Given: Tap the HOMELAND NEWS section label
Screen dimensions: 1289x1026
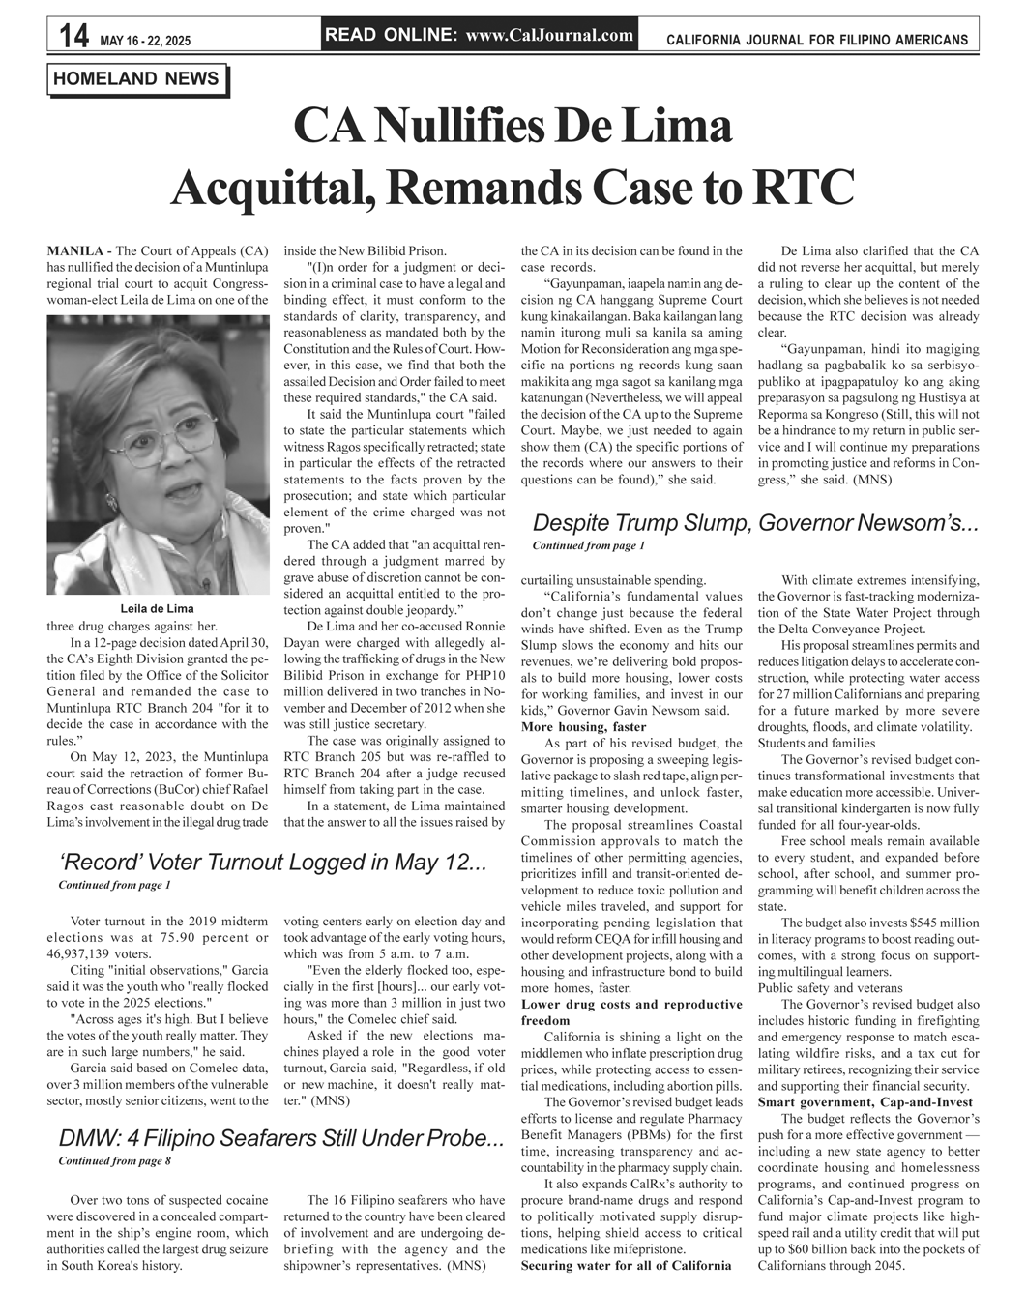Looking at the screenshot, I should [x=137, y=78].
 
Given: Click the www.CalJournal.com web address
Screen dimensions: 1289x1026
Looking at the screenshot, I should [x=549, y=36].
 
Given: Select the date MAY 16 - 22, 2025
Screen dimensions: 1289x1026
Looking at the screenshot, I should [x=145, y=41].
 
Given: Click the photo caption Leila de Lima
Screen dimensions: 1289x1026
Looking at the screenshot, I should [x=157, y=608].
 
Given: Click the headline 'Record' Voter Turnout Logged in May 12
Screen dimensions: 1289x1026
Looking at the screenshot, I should [x=271, y=863].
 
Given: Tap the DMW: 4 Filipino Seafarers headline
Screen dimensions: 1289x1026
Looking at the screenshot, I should [x=280, y=1138].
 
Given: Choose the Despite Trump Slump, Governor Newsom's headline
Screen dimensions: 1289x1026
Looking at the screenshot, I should [x=756, y=524].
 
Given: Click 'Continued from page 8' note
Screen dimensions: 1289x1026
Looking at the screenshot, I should [x=114, y=1160].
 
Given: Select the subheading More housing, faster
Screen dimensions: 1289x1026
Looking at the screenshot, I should [x=583, y=726].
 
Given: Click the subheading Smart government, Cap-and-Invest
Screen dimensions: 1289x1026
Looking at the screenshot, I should [x=865, y=1102].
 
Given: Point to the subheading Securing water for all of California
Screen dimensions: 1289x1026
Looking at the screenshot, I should [x=626, y=1265].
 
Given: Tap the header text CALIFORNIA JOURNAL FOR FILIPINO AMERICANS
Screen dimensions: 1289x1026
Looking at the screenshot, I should [x=817, y=40].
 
